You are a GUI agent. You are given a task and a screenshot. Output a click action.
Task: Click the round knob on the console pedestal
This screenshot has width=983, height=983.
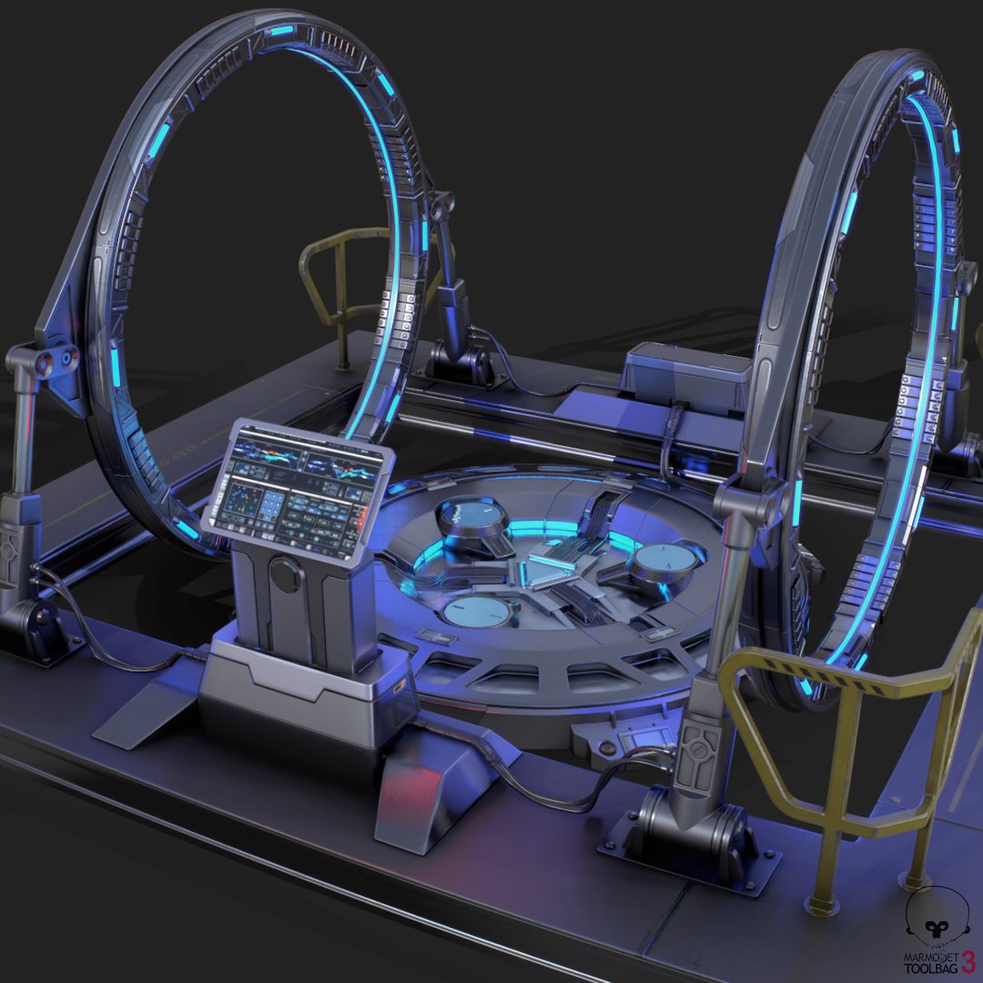[287, 575]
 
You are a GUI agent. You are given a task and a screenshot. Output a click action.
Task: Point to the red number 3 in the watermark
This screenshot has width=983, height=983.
[968, 956]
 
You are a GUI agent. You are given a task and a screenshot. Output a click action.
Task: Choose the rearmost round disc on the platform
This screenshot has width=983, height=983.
[473, 518]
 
